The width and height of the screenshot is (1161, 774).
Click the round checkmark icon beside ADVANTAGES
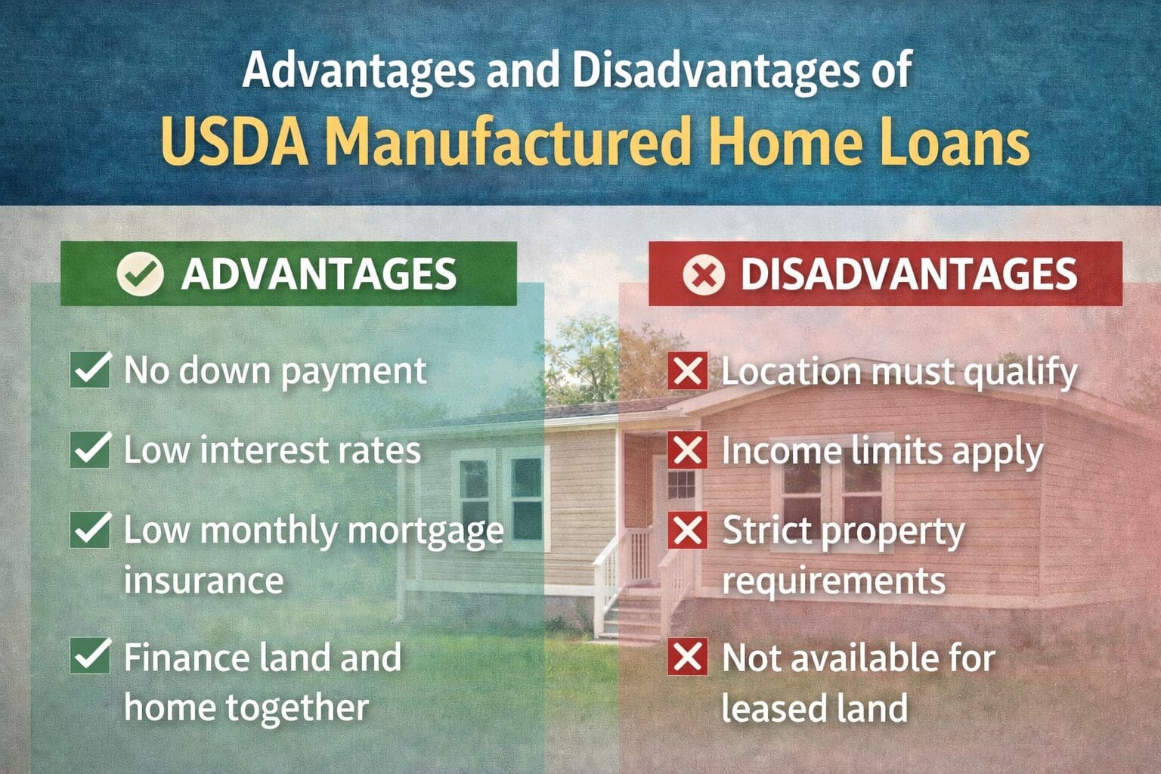(140, 274)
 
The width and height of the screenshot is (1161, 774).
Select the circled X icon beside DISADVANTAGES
(703, 274)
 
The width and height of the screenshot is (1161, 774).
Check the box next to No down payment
(90, 370)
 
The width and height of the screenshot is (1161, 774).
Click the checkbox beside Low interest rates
(90, 449)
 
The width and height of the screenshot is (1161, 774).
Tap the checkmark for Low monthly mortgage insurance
(90, 529)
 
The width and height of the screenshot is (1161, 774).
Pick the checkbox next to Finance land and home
(90, 655)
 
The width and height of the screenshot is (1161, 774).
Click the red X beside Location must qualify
(687, 370)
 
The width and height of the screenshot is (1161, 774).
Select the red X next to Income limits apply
(687, 450)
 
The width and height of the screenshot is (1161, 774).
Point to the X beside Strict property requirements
(687, 530)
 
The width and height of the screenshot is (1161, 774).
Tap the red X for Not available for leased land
(687, 656)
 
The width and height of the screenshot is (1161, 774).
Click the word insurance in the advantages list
(203, 580)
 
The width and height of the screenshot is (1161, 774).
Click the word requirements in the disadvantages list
(833, 581)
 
